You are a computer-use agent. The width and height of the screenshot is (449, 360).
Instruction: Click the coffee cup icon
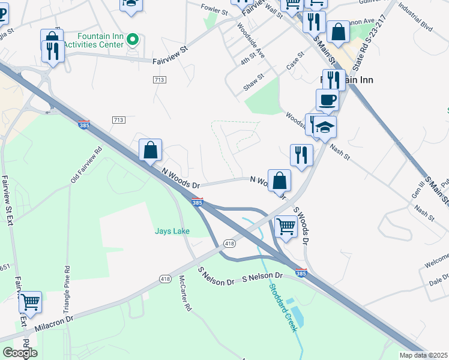(x=327, y=100)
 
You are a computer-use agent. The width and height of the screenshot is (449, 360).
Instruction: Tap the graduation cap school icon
(x=325, y=127)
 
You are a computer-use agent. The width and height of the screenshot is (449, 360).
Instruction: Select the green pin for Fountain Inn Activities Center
(x=134, y=40)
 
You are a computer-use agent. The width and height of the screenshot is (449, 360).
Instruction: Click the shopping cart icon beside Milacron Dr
(x=30, y=302)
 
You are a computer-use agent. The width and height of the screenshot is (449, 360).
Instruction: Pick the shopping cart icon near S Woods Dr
(x=286, y=227)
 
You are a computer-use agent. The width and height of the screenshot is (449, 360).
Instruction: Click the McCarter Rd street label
(x=185, y=292)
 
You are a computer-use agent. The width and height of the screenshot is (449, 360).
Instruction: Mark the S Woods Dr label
(x=301, y=226)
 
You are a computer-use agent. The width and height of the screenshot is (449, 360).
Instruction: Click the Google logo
(x=20, y=353)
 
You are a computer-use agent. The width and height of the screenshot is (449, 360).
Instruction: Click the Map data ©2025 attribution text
(x=423, y=355)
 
